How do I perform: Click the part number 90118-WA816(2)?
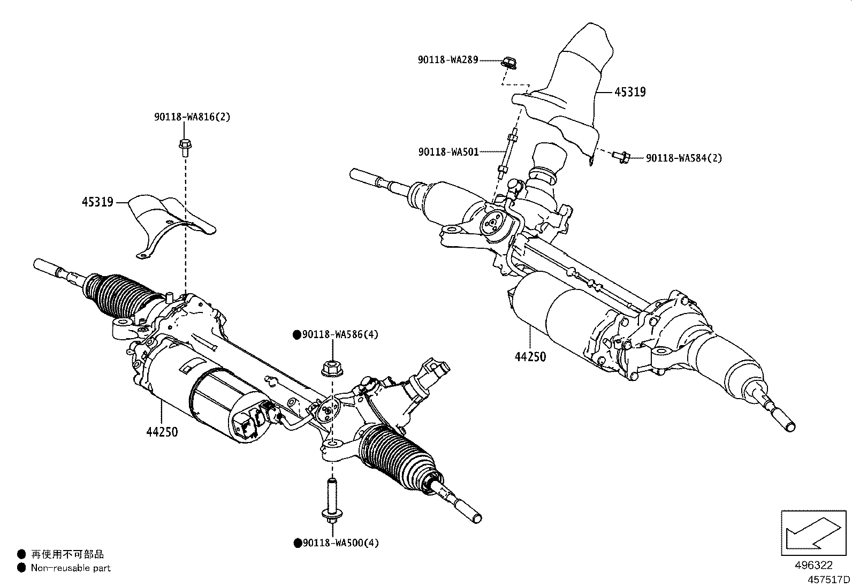click(x=192, y=117)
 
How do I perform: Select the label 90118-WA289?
click(x=447, y=60)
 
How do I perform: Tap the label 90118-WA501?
click(x=448, y=152)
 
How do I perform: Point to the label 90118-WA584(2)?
click(x=684, y=158)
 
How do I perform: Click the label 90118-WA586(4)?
click(x=336, y=335)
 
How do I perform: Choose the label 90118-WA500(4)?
click(x=336, y=543)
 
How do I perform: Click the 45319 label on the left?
click(x=97, y=202)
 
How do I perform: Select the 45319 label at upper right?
click(x=630, y=92)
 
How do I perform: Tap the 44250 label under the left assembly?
click(x=162, y=431)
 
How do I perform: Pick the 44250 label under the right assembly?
click(x=530, y=356)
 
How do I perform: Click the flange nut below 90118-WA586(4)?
click(x=332, y=369)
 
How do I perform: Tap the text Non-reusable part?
click(x=70, y=568)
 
